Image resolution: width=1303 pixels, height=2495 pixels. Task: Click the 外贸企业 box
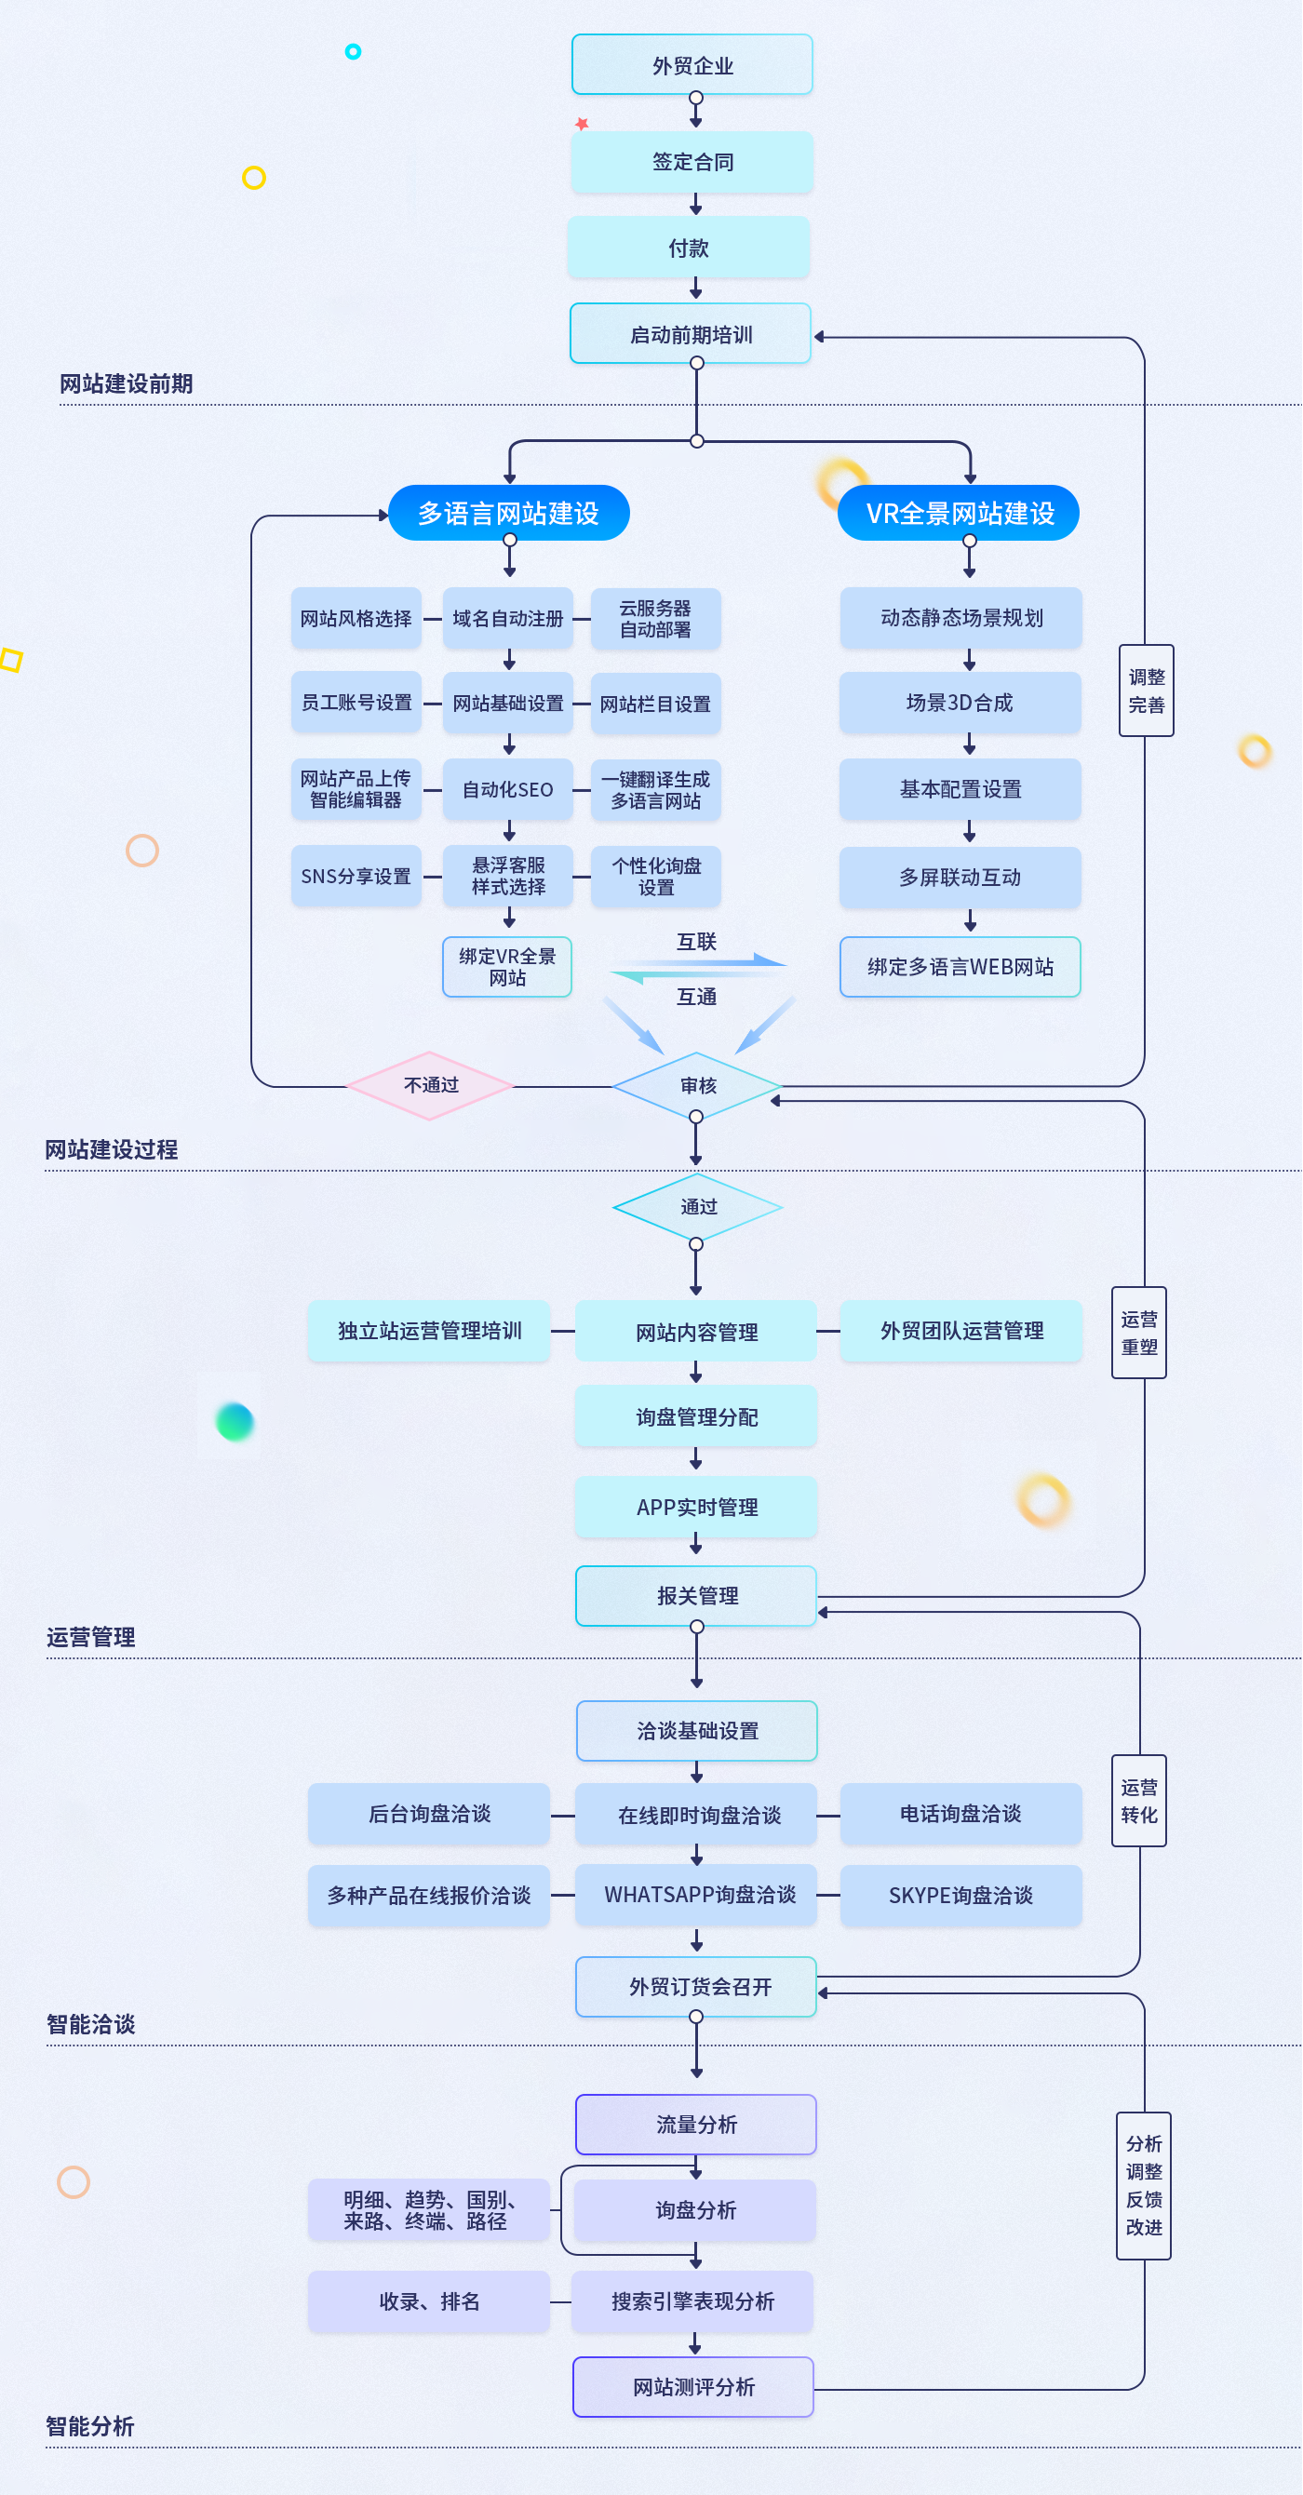[x=692, y=65]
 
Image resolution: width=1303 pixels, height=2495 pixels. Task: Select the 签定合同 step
[x=692, y=162]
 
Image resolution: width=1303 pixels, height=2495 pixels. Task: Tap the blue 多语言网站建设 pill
[x=508, y=514]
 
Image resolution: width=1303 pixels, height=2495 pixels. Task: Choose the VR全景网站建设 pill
[x=959, y=514]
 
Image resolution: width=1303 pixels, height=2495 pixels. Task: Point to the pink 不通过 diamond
[x=430, y=1086]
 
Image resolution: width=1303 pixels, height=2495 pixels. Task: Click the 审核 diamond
[x=697, y=1086]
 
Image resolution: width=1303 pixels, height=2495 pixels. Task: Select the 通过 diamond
[x=697, y=1207]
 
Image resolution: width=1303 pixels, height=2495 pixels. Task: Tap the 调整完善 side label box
[x=1146, y=691]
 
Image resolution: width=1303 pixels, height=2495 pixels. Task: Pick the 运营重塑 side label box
[x=1138, y=1333]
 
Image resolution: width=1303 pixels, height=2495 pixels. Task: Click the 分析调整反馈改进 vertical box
[x=1143, y=2186]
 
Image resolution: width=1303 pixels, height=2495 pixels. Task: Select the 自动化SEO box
[x=507, y=790]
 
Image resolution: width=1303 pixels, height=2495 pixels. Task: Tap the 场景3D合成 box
[x=959, y=704]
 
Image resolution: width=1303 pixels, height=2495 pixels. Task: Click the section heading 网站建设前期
[x=126, y=384]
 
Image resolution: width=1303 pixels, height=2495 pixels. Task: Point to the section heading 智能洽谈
[x=91, y=2024]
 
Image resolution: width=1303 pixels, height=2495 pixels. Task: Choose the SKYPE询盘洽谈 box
[x=960, y=1896]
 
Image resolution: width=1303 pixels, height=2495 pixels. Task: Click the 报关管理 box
[x=696, y=1596]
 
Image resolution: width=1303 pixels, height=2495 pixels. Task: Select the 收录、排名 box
[x=429, y=2302]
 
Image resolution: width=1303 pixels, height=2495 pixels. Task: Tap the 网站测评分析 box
[x=692, y=2387]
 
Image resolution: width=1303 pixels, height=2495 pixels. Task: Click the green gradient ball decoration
[x=235, y=1421]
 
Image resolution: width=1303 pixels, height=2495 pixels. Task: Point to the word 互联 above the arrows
[x=695, y=943]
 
